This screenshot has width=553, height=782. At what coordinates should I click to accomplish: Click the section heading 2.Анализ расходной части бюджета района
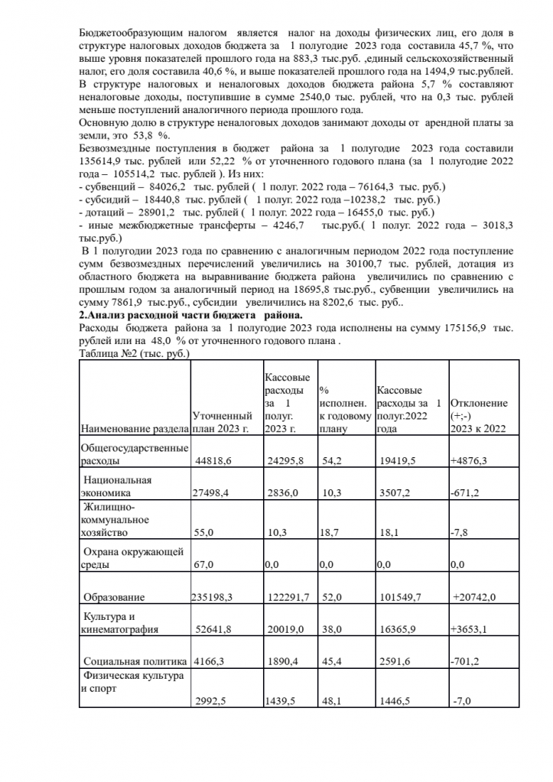[x=191, y=315]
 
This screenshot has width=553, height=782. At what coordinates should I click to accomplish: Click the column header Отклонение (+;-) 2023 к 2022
[x=479, y=416]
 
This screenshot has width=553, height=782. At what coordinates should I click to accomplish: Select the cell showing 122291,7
[x=287, y=596]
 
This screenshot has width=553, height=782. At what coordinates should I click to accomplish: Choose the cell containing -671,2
[x=466, y=493]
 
